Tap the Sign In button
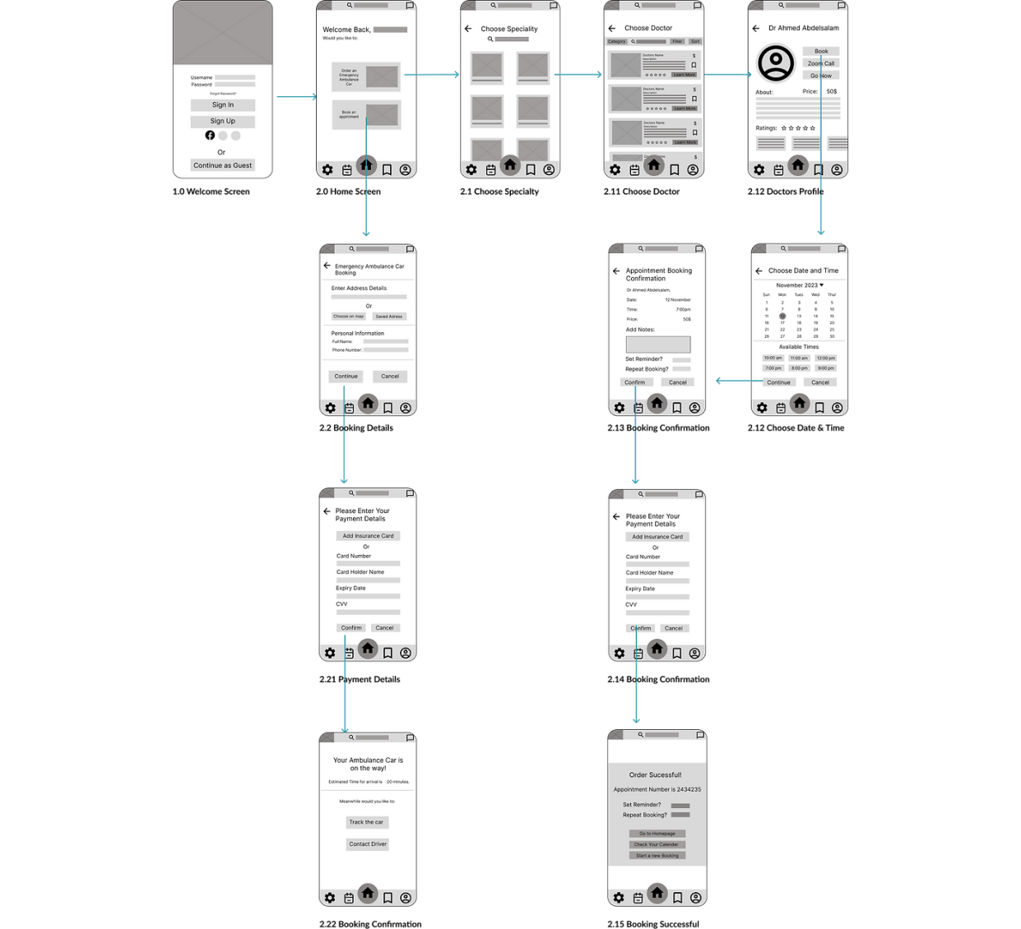pos(222,105)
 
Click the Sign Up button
pos(222,121)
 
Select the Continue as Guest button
pos(222,165)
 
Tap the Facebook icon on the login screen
pos(210,136)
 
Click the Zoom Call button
pos(820,63)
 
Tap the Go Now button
pos(820,76)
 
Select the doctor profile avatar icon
pos(775,63)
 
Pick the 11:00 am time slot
pos(799,358)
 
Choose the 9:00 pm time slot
pos(825,368)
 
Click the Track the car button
pos(366,822)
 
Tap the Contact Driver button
pos(367,844)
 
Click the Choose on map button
pos(349,317)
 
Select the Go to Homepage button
pos(657,834)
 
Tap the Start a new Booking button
pos(657,856)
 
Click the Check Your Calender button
pos(657,844)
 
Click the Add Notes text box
pos(658,344)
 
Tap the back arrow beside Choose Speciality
pos(468,29)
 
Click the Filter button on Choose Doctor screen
pos(677,41)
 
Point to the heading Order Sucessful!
pos(655,775)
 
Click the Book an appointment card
pos(366,114)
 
